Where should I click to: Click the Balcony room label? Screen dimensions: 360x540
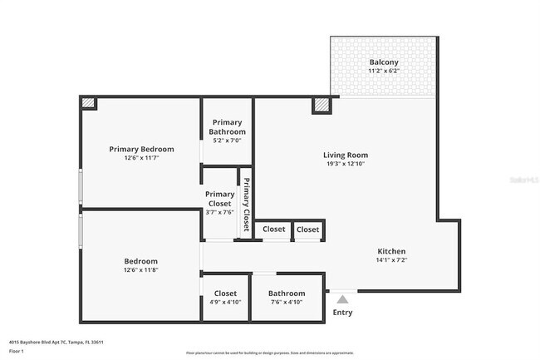tap(383, 62)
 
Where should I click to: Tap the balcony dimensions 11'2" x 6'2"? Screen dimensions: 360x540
tap(383, 72)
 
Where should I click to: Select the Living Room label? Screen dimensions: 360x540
tap(345, 155)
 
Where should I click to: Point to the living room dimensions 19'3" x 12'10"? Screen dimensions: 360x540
tap(345, 164)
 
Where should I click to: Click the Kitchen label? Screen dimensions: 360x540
tap(391, 251)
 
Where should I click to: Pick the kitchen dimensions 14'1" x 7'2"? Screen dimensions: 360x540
tap(391, 260)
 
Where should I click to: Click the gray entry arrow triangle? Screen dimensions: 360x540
tap(342, 298)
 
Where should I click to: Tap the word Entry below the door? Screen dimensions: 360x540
tap(342, 313)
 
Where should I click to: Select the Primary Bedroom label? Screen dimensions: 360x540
tap(141, 149)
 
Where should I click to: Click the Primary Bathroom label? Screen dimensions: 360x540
tap(227, 127)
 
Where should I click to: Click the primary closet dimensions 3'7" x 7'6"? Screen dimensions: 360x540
tap(219, 212)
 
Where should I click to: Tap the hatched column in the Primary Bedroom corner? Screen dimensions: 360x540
tap(88, 103)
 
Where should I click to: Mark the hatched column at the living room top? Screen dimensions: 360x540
tap(322, 105)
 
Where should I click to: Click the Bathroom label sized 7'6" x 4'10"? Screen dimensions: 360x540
tap(287, 293)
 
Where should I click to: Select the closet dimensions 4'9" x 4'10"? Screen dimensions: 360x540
tap(225, 303)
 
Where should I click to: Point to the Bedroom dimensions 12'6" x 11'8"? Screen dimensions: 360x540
tap(140, 270)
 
